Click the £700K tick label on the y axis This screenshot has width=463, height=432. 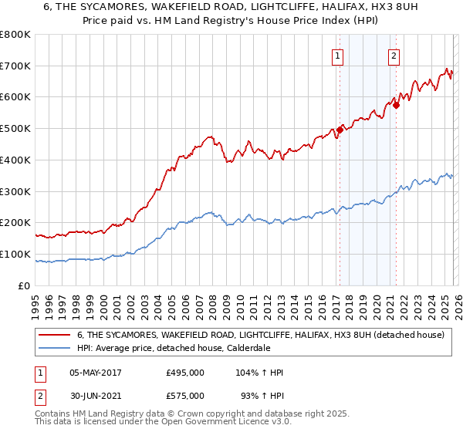pos(15,66)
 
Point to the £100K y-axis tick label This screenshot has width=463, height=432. pos(15,254)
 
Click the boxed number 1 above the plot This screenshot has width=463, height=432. pos(339,55)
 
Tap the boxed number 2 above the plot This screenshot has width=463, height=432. pos(394,55)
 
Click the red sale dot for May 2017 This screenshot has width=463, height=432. pos(340,130)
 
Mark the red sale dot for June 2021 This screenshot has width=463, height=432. pos(396,105)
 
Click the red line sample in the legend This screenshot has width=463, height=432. pos(55,335)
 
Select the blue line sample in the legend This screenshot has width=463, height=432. pos(55,348)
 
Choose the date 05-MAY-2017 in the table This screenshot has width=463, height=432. pos(96,373)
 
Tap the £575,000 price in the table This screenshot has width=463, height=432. pos(185,396)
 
